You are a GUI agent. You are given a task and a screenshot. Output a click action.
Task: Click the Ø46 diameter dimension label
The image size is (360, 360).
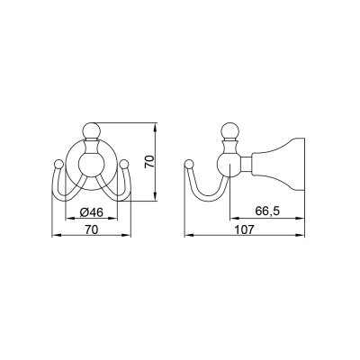[x=91, y=212]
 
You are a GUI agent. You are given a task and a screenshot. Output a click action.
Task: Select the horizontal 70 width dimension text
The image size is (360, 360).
[x=91, y=229]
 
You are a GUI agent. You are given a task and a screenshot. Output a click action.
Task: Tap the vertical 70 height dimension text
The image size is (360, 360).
[x=149, y=161]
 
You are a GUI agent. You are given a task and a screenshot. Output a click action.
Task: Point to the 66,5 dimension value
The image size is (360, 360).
[x=267, y=211]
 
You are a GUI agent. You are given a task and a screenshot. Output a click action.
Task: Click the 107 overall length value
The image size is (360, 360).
[x=244, y=229]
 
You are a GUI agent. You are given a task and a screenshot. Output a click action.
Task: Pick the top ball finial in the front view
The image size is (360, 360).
[x=91, y=130]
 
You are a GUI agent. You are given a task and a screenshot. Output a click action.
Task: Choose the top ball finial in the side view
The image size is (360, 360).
[x=229, y=130]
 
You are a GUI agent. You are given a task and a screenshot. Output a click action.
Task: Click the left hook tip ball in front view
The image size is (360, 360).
[x=58, y=165]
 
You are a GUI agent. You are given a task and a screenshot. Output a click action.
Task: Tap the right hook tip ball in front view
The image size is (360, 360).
[x=124, y=165]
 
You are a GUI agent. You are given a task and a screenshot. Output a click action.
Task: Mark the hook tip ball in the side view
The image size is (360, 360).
[x=189, y=165]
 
